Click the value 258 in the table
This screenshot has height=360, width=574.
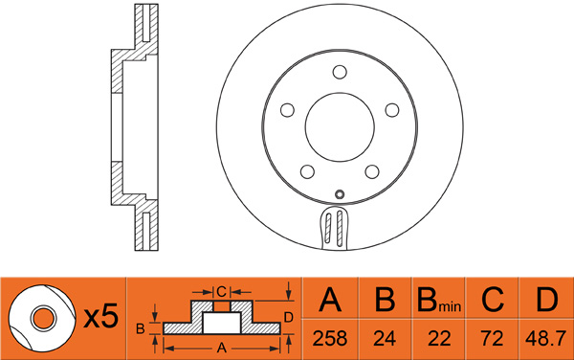(x=331, y=338)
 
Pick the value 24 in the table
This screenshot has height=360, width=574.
(x=385, y=338)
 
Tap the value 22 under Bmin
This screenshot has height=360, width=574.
(x=437, y=338)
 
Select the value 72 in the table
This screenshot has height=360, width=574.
(x=492, y=338)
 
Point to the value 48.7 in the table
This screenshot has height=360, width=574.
(x=546, y=338)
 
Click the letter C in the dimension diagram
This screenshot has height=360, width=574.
(x=220, y=290)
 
